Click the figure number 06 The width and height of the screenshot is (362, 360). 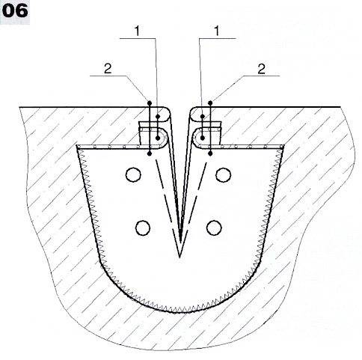coord(15,11)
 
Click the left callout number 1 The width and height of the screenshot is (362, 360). coord(138,31)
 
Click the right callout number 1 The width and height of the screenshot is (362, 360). coord(217,31)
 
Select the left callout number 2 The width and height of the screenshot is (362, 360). coord(108,68)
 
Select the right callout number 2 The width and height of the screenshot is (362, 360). coord(261,68)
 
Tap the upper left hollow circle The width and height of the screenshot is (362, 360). coord(133,174)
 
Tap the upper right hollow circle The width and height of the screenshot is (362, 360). coord(223,174)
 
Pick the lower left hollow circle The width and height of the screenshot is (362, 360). coord(143,228)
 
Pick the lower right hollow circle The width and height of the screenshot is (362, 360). coord(214,228)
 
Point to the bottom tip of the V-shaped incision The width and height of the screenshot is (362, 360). coord(180,257)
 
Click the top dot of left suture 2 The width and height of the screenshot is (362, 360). coord(150,103)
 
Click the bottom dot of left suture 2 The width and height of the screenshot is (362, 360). coord(150,153)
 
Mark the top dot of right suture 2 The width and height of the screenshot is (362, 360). coord(210,103)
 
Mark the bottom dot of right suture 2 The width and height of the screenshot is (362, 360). coord(210,153)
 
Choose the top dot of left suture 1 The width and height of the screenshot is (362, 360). coord(158,116)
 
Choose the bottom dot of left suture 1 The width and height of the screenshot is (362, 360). coord(158,138)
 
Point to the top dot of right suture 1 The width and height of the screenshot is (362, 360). coord(203,116)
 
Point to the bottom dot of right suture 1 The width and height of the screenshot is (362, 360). coord(203,138)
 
